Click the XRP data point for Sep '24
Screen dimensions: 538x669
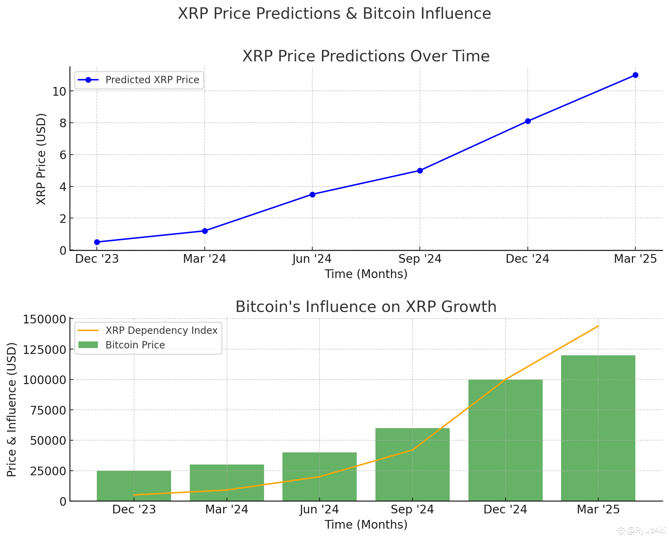420,171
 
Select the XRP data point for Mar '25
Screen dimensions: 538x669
635,75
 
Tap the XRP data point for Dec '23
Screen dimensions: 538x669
97,242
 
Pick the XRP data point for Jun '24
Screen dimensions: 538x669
312,194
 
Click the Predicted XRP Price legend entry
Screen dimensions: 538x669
139,80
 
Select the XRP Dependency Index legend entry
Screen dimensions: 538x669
148,330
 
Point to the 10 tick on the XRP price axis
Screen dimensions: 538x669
59,92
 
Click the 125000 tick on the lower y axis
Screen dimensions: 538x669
44,349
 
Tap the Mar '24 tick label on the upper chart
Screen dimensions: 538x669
204,259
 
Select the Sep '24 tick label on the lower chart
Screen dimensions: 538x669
412,510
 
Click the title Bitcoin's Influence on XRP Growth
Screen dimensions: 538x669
366,307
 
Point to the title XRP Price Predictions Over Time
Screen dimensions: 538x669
366,56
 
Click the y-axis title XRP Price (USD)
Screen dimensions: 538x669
41,159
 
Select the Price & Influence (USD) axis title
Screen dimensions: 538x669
12,409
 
